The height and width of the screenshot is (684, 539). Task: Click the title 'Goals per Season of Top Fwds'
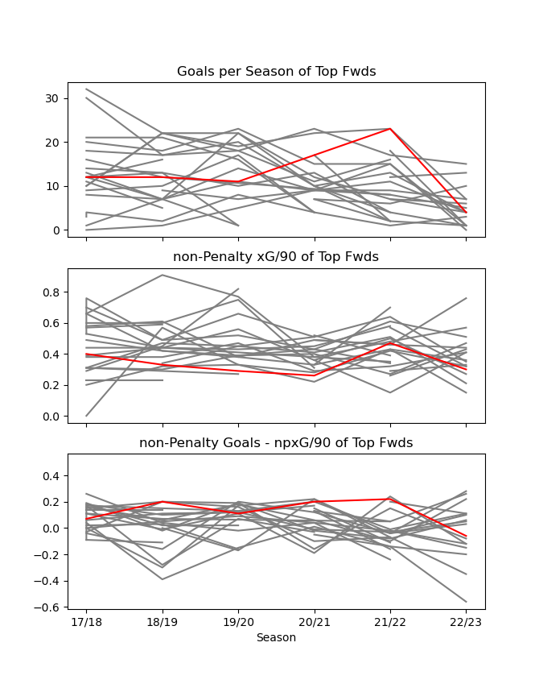tap(276, 72)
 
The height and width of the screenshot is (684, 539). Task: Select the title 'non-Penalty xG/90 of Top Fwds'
tap(276, 257)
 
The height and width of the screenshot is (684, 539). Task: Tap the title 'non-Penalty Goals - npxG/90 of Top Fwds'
tap(276, 443)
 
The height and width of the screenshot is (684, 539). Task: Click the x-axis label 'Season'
tap(276, 637)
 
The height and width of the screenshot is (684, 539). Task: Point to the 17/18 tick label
tap(87, 623)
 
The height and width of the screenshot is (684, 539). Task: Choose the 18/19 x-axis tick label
tap(163, 623)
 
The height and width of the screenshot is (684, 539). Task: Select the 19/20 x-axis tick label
tap(238, 623)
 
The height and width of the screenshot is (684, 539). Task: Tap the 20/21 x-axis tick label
tap(314, 623)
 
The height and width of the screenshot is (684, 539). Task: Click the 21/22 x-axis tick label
tap(390, 623)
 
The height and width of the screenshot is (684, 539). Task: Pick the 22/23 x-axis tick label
tap(466, 623)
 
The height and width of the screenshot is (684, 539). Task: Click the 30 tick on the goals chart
tap(53, 98)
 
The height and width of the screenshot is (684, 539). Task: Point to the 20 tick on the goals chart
tap(53, 143)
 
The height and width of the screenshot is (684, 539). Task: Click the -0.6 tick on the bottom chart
tap(47, 607)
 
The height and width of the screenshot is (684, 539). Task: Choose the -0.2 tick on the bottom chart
tap(47, 555)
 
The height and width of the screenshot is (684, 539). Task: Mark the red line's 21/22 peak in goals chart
tap(390, 129)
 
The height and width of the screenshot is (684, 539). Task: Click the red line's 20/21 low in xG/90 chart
tap(314, 375)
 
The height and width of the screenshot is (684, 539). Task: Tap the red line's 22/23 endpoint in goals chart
tap(466, 213)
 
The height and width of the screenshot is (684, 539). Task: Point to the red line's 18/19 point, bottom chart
tap(163, 502)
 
